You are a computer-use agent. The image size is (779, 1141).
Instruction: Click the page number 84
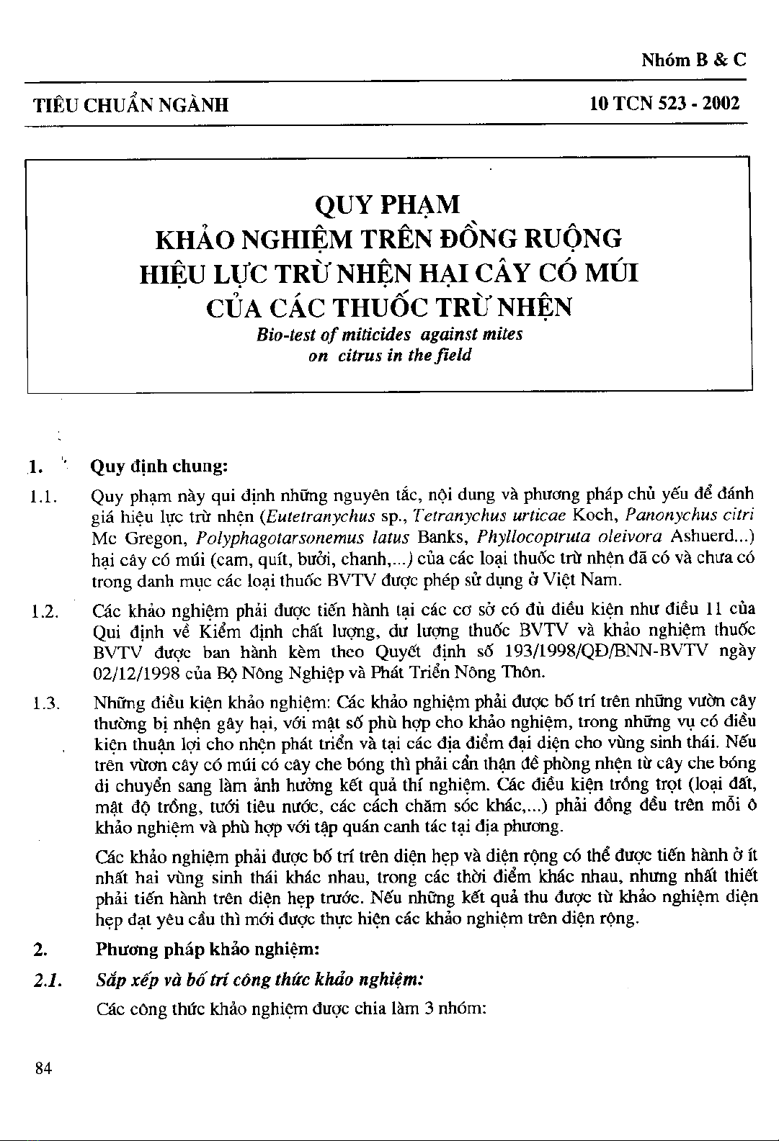point(43,1068)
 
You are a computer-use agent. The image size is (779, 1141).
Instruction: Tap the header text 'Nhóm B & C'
point(694,60)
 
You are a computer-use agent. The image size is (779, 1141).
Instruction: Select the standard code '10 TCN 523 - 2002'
point(664,104)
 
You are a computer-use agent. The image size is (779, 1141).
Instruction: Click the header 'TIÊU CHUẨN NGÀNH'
point(132,105)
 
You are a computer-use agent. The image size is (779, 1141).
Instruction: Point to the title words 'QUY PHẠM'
point(388,204)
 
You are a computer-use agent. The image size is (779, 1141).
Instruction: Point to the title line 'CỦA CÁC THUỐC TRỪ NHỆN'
point(389,308)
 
